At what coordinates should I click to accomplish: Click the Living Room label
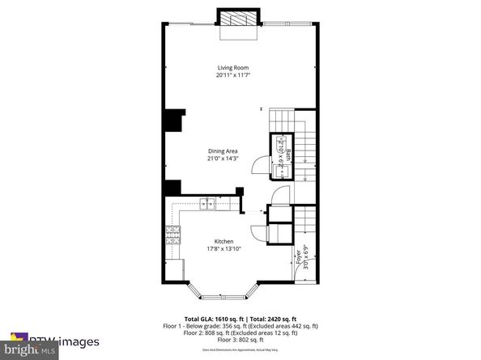click(232, 67)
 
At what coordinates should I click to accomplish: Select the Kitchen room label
click(223, 241)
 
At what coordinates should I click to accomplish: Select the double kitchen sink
click(207, 204)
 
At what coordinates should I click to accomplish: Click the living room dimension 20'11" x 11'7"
click(232, 75)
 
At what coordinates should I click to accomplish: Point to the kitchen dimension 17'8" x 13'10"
click(223, 249)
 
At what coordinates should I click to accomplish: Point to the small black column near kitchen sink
click(240, 192)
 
